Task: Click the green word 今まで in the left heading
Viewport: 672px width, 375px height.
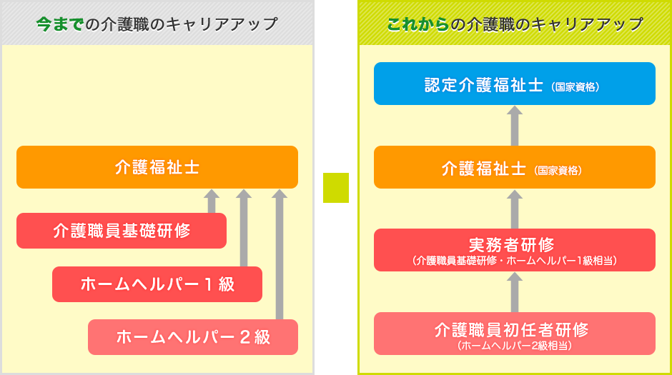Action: click(59, 24)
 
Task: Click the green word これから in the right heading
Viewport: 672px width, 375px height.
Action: click(418, 24)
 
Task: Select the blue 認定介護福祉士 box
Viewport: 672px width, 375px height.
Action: click(514, 84)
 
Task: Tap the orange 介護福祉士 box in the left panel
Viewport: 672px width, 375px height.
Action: click(157, 167)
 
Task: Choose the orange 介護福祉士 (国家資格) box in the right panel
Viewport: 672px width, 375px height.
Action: click(514, 167)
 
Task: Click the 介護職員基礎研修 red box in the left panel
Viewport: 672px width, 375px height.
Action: click(122, 230)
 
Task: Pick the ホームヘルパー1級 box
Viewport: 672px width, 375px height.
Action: click(157, 284)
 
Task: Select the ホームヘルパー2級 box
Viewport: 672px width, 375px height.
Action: click(193, 337)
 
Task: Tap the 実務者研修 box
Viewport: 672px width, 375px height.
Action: click(514, 250)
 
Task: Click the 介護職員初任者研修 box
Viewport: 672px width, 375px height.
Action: click(514, 334)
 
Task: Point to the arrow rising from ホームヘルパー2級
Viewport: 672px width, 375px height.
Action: click(280, 254)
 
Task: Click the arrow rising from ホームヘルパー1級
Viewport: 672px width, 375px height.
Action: click(244, 228)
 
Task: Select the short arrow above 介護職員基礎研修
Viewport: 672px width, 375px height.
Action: click(212, 201)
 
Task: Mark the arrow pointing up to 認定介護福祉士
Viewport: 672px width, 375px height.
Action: click(515, 126)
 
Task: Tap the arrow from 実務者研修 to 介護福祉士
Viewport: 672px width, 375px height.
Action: click(515, 209)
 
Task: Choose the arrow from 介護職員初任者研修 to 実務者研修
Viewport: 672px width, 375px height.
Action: click(515, 292)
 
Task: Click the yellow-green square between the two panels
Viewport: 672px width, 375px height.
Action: click(336, 187)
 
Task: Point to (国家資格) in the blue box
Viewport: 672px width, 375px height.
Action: click(575, 87)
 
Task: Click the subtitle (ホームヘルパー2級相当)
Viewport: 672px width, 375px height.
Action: click(514, 346)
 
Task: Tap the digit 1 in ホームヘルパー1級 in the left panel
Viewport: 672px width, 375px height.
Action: click(209, 284)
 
